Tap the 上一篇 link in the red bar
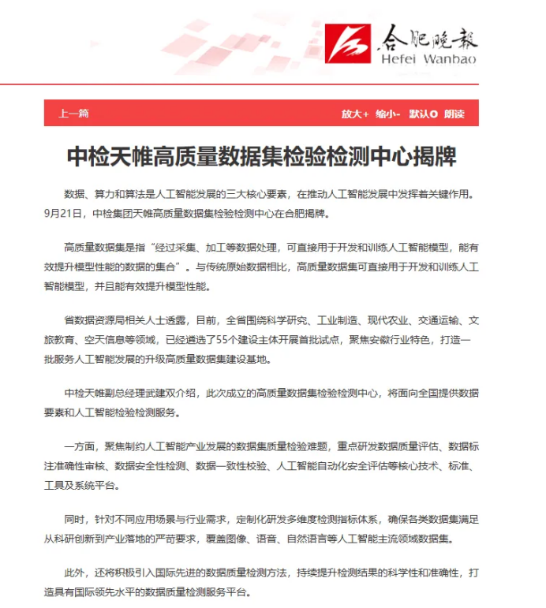(73, 114)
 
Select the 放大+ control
(355, 114)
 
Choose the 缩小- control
(388, 114)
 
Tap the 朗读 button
(454, 114)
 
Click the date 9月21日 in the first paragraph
(62, 212)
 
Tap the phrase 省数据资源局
(92, 322)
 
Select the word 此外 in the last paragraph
(75, 572)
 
